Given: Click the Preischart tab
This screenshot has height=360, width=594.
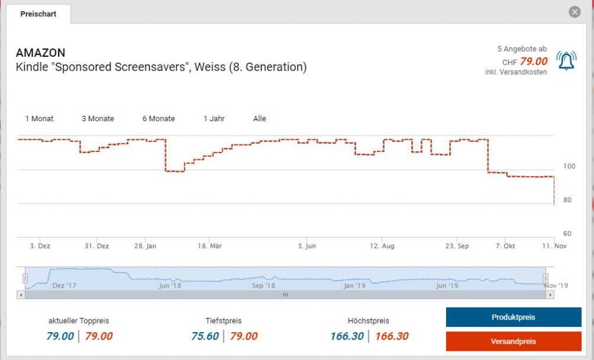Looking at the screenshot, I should pos(38,14).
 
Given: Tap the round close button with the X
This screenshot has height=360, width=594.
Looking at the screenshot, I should pos(574,12).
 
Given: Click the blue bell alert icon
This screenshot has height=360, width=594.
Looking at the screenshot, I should pos(566,61).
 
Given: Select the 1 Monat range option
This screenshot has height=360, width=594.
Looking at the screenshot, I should pos(39,119).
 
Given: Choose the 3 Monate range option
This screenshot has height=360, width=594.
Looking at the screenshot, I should pos(97,119).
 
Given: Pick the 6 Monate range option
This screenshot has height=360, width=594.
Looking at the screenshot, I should pos(158,119).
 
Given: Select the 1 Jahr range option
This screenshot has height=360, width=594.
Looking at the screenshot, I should pos(214,119).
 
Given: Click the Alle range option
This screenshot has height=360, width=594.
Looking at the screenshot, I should pos(259,119).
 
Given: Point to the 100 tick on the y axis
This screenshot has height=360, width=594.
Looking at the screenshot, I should pos(569,166).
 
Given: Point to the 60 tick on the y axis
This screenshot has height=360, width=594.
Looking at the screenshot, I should pos(568,234).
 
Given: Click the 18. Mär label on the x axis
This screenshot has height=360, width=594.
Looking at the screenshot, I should pos(210,246).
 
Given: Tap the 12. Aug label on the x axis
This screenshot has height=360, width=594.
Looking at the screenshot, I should pos(382,246).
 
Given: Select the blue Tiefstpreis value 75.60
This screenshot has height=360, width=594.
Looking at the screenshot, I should pos(205,336).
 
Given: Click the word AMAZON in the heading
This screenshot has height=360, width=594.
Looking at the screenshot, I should pos(41,53).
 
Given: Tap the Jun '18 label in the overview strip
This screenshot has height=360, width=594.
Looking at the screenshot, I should pos(170,286).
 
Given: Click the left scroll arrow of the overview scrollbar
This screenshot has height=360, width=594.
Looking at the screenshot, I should pos(21,295).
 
